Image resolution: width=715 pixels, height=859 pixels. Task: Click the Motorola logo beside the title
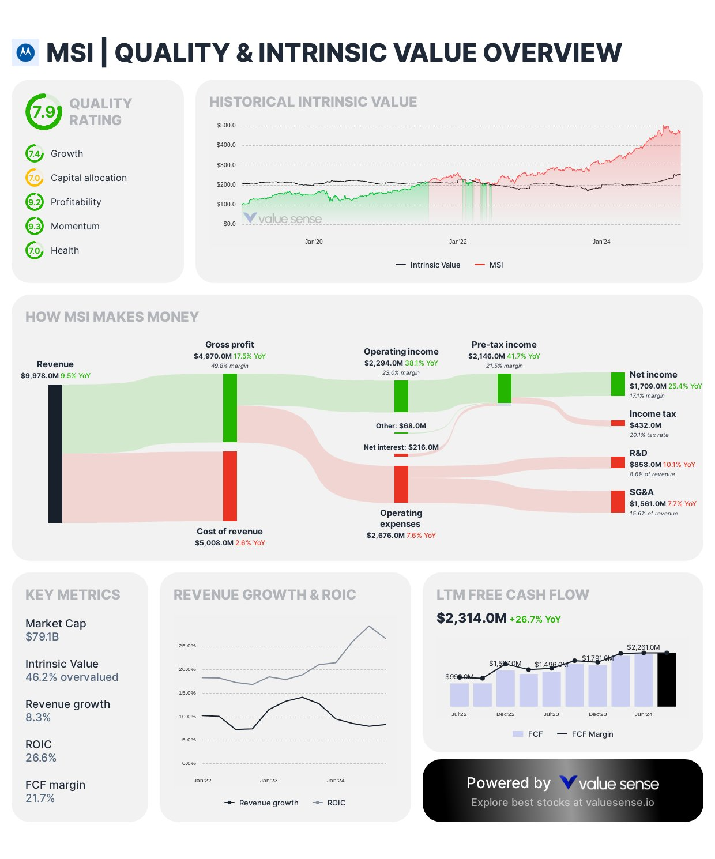(25, 52)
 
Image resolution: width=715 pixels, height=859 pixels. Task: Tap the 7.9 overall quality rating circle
(44, 112)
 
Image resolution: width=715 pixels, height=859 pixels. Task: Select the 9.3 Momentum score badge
(35, 226)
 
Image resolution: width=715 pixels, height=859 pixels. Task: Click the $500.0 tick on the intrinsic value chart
(226, 125)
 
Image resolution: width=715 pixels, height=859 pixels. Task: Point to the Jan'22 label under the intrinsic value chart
(458, 242)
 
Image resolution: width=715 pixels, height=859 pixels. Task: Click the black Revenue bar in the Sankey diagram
(55, 453)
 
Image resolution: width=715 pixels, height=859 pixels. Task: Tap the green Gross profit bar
(230, 408)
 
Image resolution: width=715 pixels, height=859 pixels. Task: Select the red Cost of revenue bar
(230, 485)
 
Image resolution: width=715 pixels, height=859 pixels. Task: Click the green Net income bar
(618, 384)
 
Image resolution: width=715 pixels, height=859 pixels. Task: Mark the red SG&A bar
(618, 502)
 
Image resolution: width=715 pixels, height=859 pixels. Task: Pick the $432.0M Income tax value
(645, 425)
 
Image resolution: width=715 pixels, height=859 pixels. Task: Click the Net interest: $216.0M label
(401, 447)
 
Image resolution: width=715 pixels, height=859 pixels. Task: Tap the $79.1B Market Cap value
(42, 637)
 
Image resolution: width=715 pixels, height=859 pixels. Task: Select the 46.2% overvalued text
(71, 677)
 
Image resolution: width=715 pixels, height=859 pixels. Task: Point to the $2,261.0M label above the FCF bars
(643, 647)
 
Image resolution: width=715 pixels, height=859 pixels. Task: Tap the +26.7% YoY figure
(535, 619)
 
